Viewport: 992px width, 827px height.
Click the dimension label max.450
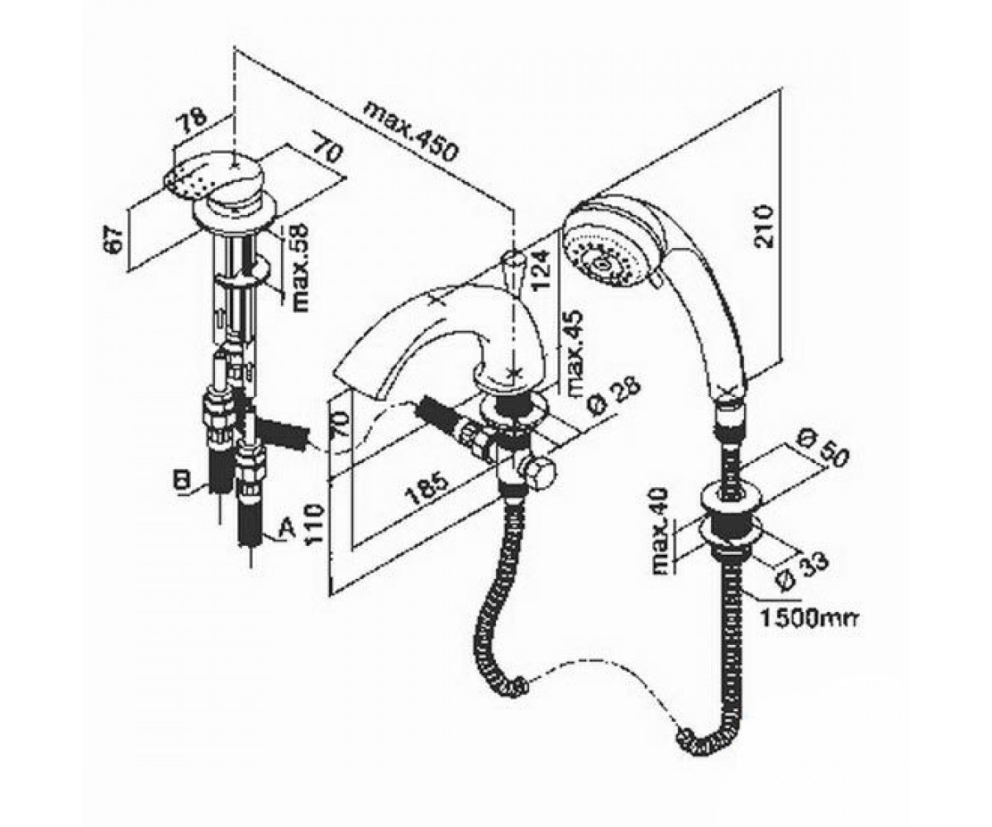(411, 131)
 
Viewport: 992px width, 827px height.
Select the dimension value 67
(116, 240)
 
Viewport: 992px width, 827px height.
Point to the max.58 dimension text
(300, 268)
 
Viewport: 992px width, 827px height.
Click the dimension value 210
(764, 227)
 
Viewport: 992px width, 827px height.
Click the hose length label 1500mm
(809, 619)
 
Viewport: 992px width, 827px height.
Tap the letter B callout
(183, 480)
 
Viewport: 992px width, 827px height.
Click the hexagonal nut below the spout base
(541, 473)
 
